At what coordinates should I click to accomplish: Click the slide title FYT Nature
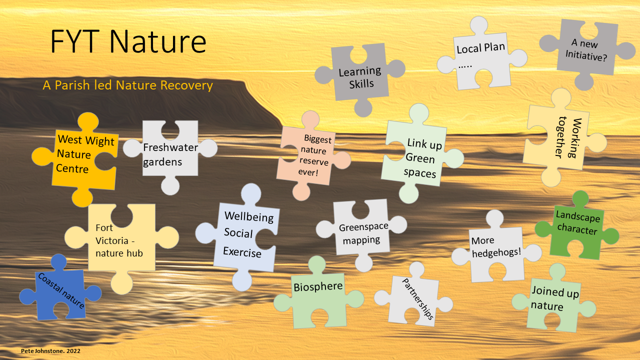pyautogui.click(x=128, y=41)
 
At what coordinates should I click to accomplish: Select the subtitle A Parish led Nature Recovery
pyautogui.click(x=127, y=85)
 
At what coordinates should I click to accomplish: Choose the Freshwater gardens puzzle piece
pyautogui.click(x=170, y=154)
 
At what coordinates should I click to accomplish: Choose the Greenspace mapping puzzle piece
pyautogui.click(x=363, y=232)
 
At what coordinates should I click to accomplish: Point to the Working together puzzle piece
pyautogui.click(x=562, y=138)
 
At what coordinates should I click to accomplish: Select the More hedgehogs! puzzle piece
pyautogui.click(x=495, y=250)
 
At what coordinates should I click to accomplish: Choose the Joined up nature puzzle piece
pyautogui.click(x=553, y=298)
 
